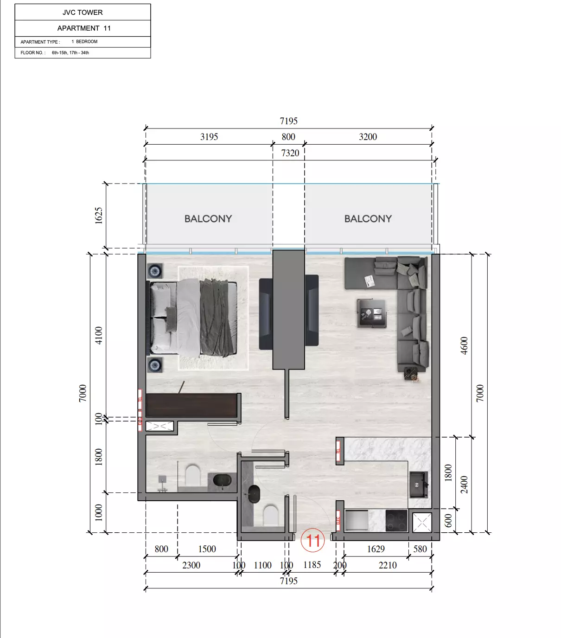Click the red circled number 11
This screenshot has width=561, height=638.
pyautogui.click(x=313, y=540)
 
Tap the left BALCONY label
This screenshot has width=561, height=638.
pyautogui.click(x=208, y=218)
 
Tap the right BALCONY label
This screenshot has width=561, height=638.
pyautogui.click(x=368, y=218)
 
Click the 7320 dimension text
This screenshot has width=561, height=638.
pyautogui.click(x=290, y=153)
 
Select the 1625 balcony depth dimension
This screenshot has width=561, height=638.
pyautogui.click(x=98, y=216)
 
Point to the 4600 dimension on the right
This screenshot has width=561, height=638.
pyautogui.click(x=464, y=345)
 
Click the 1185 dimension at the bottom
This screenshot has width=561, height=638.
pyautogui.click(x=312, y=565)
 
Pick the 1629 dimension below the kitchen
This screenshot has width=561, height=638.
pyautogui.click(x=376, y=549)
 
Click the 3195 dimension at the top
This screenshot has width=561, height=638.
pyautogui.click(x=209, y=137)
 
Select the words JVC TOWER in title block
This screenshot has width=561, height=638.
pyautogui.click(x=83, y=13)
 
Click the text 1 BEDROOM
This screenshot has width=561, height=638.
pyautogui.click(x=84, y=42)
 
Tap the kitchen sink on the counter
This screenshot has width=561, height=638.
pyautogui.click(x=419, y=485)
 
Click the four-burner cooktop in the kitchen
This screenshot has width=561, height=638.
pyautogui.click(x=396, y=520)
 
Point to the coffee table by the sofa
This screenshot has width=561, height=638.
pyautogui.click(x=371, y=313)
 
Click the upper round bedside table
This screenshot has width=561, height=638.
pyautogui.click(x=155, y=270)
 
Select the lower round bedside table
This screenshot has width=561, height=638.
pyautogui.click(x=155, y=365)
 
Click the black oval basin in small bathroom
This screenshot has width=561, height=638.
pyautogui.click(x=254, y=494)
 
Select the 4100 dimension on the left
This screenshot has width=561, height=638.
pyautogui.click(x=98, y=335)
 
